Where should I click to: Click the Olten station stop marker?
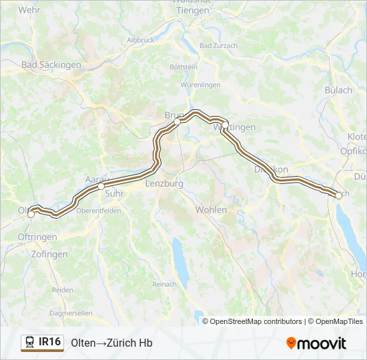pyautogui.click(x=31, y=214)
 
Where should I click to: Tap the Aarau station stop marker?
pyautogui.click(x=101, y=187)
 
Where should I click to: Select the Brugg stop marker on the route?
pyautogui.click(x=177, y=122)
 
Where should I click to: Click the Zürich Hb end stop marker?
pyautogui.click(x=339, y=195)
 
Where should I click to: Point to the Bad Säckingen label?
pyautogui.click(x=51, y=65)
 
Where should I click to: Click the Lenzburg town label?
pyautogui.click(x=163, y=183)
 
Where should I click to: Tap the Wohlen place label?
pyautogui.click(x=211, y=210)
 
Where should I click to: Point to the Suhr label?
pyautogui.click(x=115, y=195)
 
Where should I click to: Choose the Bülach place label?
pyautogui.click(x=338, y=91)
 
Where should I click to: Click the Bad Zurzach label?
pyautogui.click(x=218, y=46)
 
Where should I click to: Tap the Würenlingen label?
pyautogui.click(x=200, y=86)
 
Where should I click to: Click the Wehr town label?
pyautogui.click(x=30, y=10)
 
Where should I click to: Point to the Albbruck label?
pyautogui.click(x=140, y=40)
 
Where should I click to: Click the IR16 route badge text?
pyautogui.click(x=50, y=342)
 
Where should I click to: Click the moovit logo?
pyautogui.click(x=316, y=343)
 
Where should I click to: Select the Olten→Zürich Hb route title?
pyautogui.click(x=112, y=343)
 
